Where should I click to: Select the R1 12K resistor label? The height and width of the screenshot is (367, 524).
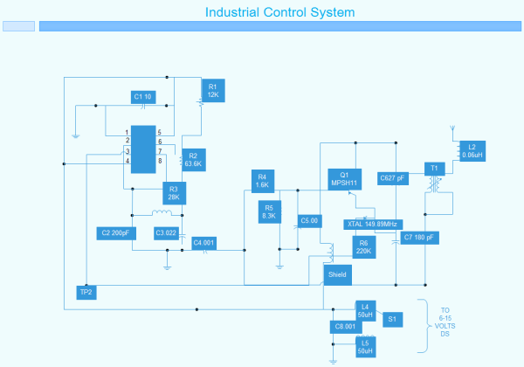213,90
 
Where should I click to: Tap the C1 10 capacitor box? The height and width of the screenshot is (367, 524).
143,97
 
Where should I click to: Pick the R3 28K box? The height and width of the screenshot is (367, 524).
174,193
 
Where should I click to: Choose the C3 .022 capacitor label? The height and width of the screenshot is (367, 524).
166,233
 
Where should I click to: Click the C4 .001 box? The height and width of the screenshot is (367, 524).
204,242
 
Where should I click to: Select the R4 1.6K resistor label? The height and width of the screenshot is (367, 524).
262,181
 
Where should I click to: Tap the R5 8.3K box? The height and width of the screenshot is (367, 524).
268,211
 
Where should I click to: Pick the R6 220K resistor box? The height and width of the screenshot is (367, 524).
363,246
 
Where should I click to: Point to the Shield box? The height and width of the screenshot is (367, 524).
337,274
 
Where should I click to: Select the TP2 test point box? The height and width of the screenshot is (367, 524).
86,292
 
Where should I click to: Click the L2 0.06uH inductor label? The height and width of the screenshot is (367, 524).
472,150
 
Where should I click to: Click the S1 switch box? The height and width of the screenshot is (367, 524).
392,320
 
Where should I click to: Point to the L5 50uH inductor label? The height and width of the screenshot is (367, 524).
365,347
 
